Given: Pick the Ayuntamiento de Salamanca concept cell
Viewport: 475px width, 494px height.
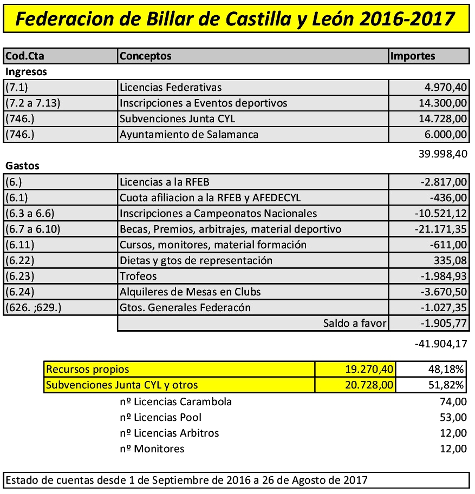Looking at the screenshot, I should pos(189,135).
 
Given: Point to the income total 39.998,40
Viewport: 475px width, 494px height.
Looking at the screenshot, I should pos(443,154).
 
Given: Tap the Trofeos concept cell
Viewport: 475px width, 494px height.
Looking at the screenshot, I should pos(138,276).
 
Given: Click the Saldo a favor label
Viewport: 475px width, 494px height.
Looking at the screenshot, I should pos(354,324).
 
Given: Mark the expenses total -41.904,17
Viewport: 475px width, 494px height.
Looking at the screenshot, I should pos(440,343).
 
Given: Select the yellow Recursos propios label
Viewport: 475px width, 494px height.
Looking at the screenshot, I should pos(88,370).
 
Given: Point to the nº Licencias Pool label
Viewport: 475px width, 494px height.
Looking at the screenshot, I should pos(161,417).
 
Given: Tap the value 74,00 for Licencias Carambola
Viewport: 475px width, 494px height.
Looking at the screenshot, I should pos(453,401).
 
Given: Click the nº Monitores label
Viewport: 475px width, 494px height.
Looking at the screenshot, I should pos(152,449).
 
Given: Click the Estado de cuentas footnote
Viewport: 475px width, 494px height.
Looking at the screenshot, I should pos(186,480).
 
